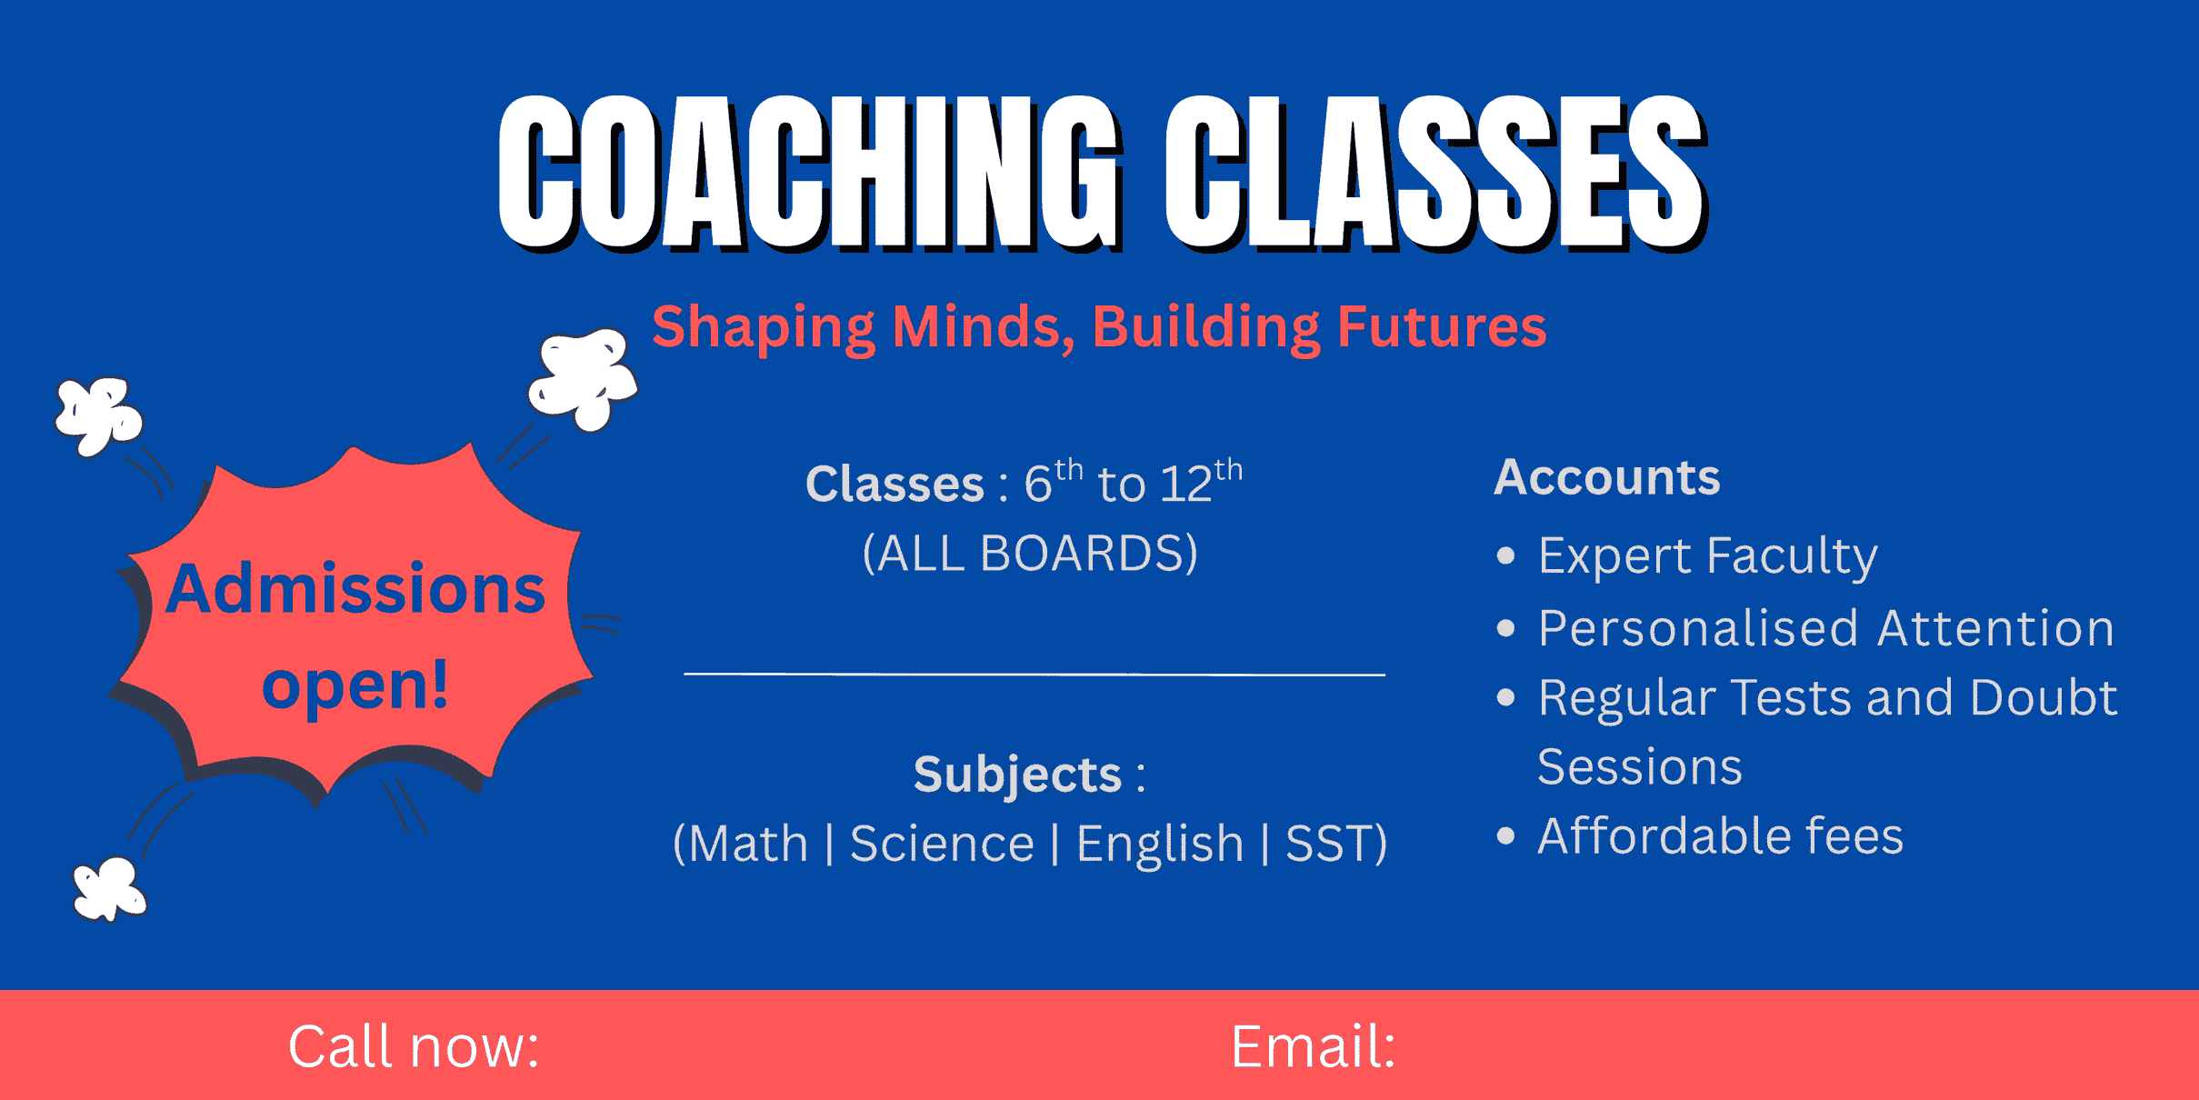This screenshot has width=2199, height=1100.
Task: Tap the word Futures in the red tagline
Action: (1442, 326)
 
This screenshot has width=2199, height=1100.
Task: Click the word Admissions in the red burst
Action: (355, 588)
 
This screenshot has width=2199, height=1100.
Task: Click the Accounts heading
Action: (1607, 476)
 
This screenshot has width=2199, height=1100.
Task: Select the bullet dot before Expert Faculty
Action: (1506, 555)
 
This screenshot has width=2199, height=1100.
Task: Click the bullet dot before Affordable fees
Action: (1506, 835)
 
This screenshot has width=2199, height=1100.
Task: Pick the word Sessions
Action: (1640, 766)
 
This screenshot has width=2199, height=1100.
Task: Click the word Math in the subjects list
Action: (748, 844)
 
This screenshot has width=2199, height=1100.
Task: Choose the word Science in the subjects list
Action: (943, 844)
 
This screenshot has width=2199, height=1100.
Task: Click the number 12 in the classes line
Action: (1186, 484)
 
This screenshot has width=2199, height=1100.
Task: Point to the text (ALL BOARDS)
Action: (1030, 553)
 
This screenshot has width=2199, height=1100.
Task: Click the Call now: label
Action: (414, 1046)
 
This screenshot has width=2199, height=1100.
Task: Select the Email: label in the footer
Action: (1314, 1046)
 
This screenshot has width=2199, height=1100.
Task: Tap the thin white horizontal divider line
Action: (1035, 675)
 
